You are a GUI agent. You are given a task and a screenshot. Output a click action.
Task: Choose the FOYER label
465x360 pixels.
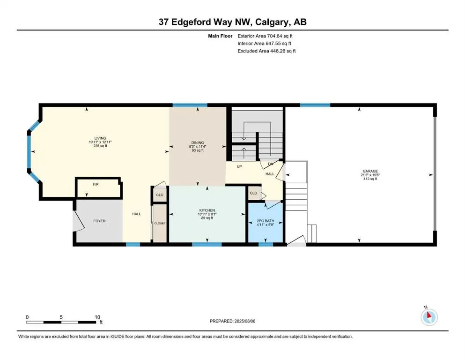click(x=99, y=220)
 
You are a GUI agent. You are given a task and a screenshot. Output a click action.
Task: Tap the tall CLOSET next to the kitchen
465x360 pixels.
click(x=160, y=223)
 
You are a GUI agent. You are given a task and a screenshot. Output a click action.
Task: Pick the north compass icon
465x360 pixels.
click(x=429, y=317)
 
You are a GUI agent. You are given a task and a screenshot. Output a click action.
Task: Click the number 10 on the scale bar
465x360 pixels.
click(x=97, y=317)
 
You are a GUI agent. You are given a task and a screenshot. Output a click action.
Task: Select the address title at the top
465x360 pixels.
click(x=232, y=22)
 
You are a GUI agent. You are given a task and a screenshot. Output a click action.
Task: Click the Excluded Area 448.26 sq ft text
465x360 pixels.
click(x=266, y=51)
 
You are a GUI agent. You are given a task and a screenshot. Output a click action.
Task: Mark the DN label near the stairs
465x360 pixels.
click(x=270, y=164)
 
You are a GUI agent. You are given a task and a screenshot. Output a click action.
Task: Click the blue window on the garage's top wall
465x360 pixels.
click(x=315, y=105)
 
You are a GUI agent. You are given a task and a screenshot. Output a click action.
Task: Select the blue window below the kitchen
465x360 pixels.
click(x=207, y=244)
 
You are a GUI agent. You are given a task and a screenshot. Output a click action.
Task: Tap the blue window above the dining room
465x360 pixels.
click(x=190, y=105)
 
